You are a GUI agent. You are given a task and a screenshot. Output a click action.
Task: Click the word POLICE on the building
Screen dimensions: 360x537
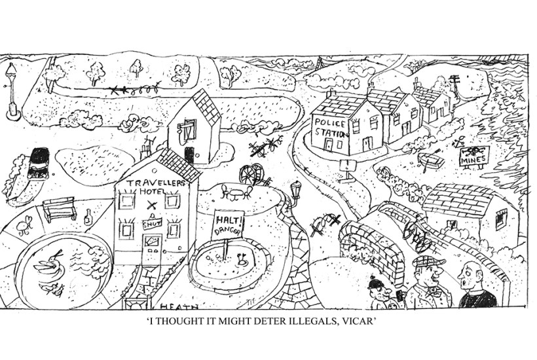(x=327, y=122)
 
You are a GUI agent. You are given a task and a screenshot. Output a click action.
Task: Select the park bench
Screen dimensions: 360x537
(x=59, y=209)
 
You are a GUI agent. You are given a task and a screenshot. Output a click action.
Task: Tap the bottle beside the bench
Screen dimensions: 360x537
(x=88, y=217)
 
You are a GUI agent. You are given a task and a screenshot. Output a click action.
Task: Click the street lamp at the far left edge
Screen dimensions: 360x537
(x=11, y=92)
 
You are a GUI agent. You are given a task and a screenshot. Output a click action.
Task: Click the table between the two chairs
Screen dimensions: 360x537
(x=236, y=190)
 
